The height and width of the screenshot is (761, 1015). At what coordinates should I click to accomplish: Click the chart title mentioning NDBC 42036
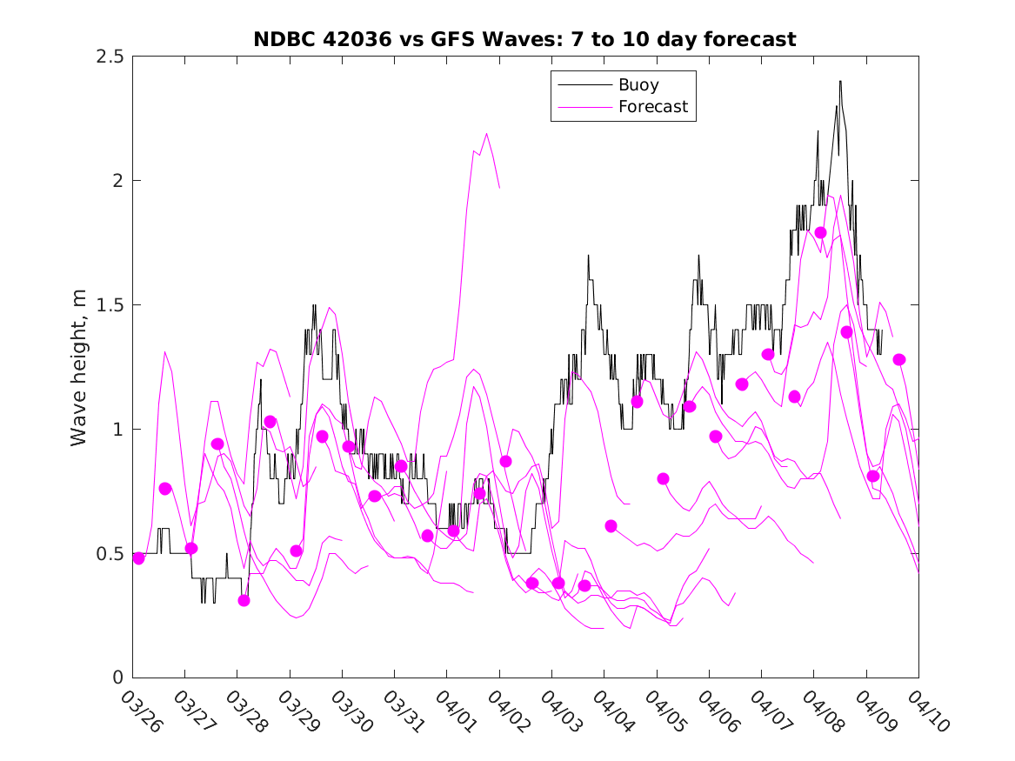pyautogui.click(x=524, y=39)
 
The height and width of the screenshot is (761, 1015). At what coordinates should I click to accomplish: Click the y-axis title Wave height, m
pyautogui.click(x=79, y=367)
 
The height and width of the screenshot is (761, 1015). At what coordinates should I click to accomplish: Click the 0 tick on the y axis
pyautogui.click(x=117, y=678)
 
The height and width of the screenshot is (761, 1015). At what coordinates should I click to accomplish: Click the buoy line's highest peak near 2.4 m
pyautogui.click(x=840, y=81)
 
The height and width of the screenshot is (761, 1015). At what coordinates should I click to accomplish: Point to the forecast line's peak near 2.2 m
pyautogui.click(x=486, y=134)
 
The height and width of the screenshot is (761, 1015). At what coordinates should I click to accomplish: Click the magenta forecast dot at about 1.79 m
pyautogui.click(x=820, y=232)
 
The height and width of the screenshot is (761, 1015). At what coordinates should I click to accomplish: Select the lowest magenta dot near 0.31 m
pyautogui.click(x=244, y=600)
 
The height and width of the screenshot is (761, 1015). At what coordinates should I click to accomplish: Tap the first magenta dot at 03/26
pyautogui.click(x=138, y=558)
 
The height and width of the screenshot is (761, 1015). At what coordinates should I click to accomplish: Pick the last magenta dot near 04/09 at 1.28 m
pyautogui.click(x=899, y=359)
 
